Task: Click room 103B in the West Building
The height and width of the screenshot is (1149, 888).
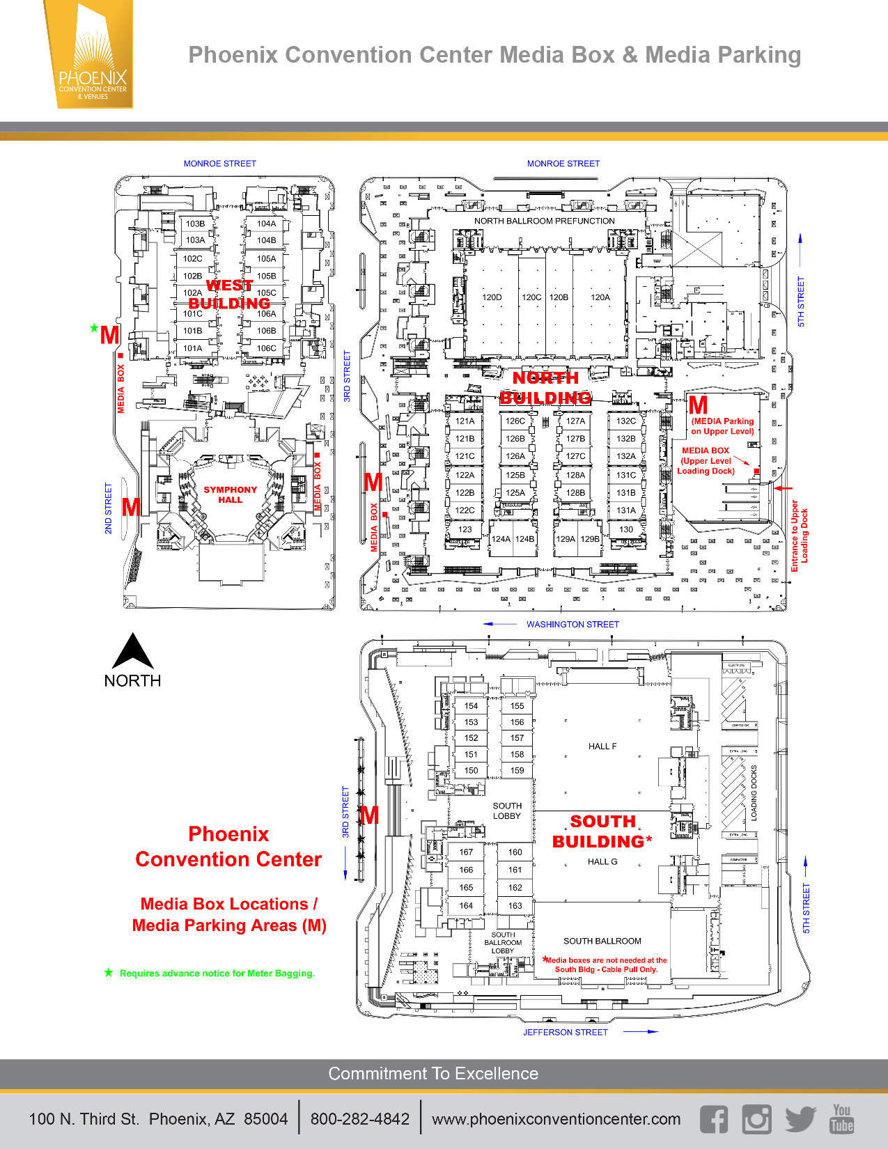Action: point(195,224)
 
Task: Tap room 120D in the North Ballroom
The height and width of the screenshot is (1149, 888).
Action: point(492,297)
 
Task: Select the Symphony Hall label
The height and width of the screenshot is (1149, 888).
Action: point(230,494)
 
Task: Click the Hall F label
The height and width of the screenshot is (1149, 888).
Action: point(602,747)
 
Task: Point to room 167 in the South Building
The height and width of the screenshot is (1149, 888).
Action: point(466,852)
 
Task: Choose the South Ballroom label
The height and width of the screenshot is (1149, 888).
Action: point(602,941)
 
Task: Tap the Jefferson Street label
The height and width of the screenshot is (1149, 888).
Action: point(566,1032)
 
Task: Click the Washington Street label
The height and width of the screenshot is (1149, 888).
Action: point(572,625)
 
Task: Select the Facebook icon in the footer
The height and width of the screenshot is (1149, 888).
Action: point(714,1119)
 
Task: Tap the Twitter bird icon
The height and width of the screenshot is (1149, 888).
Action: point(800,1119)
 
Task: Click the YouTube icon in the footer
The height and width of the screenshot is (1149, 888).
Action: point(841,1118)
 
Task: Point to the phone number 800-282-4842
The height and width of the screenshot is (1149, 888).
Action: point(360,1119)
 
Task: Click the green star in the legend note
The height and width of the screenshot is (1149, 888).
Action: point(109,973)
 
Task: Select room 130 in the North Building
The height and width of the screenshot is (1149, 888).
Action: point(626,529)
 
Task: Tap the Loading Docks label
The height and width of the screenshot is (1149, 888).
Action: point(754,792)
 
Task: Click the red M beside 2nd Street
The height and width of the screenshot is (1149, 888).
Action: point(131,507)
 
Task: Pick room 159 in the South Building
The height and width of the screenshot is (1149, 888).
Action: point(517,770)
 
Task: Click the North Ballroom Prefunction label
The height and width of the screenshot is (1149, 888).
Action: point(545,221)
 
